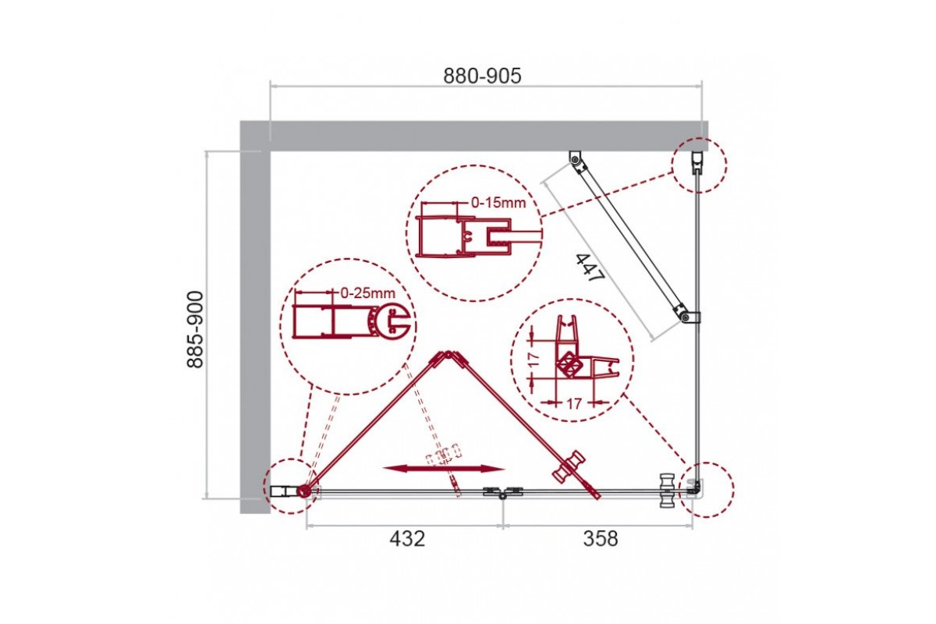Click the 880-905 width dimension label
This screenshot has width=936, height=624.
[482, 76]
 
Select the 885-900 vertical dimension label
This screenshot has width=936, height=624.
[195, 329]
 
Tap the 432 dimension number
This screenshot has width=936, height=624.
[407, 538]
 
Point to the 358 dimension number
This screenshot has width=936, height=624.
[601, 538]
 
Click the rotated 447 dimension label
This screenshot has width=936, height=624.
[590, 268]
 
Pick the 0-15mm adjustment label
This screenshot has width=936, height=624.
[498, 203]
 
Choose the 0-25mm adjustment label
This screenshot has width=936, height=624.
[367, 292]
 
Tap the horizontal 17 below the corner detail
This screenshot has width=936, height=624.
[574, 404]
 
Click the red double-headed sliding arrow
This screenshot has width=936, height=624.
[444, 469]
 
